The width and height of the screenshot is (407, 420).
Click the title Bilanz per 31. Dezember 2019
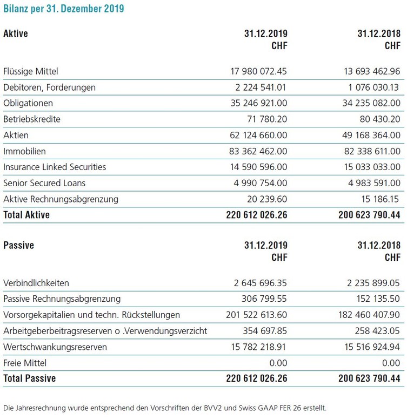pyautogui.click(x=64, y=9)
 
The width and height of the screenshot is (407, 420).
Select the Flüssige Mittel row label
pyautogui.click(x=30, y=71)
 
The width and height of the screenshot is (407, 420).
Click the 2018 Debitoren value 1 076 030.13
pyautogui.click(x=372, y=87)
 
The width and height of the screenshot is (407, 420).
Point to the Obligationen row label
pyautogui.click(x=28, y=103)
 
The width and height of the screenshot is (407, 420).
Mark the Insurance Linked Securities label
pyautogui.click(x=55, y=167)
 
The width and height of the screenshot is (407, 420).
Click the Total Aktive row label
pyautogui.click(x=26, y=215)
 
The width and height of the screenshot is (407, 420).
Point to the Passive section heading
pyautogui.click(x=18, y=246)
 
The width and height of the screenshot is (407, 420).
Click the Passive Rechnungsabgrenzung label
pyautogui.click(x=62, y=299)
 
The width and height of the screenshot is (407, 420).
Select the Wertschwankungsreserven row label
pyautogui.click(x=55, y=347)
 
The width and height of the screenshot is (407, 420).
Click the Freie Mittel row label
pyautogui.click(x=25, y=363)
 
